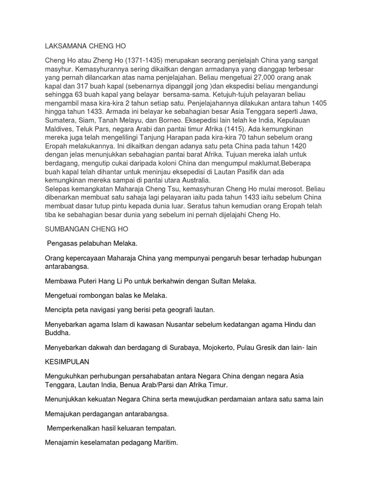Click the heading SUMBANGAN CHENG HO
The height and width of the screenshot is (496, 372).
tap(86, 228)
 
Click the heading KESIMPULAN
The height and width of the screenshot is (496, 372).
tap(67, 362)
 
